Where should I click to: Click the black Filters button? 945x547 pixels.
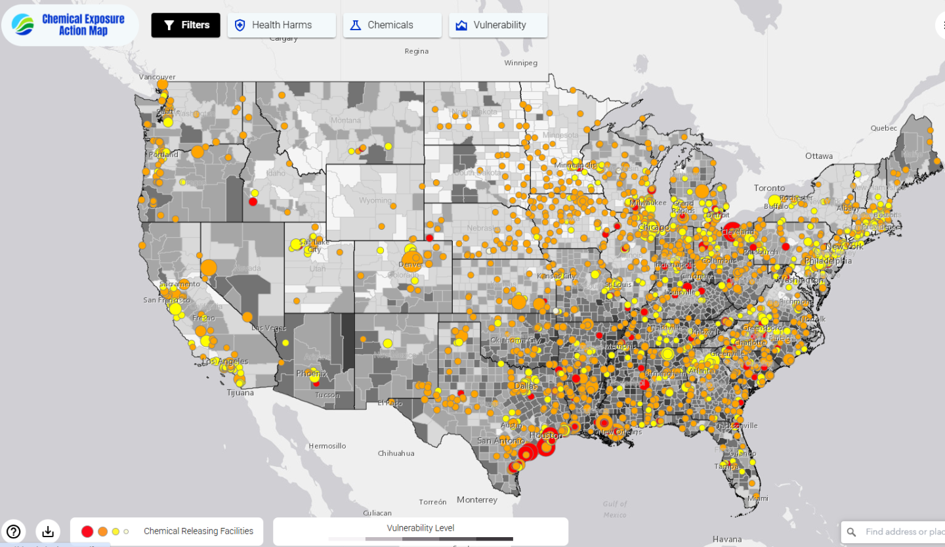(186, 25)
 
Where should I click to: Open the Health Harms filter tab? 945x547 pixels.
(282, 25)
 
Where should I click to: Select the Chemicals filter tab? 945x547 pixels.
(392, 25)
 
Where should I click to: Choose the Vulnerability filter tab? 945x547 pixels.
(498, 25)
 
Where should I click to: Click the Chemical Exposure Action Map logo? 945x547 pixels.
(70, 25)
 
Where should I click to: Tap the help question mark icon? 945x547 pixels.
(14, 531)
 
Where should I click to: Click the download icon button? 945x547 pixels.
(48, 531)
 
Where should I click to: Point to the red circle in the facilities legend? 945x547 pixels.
(87, 531)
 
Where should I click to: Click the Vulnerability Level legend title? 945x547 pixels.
(420, 528)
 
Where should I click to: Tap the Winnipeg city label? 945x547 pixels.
(520, 63)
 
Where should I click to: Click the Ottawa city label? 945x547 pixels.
(818, 156)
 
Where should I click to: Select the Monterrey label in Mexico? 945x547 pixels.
(477, 500)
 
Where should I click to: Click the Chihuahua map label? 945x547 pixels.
(396, 453)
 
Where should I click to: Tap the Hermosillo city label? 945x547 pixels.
(327, 446)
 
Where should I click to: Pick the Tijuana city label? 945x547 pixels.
(240, 393)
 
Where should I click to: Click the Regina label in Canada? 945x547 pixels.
(416, 51)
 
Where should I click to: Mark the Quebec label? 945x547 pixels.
(883, 128)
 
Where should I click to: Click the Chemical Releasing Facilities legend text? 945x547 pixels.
(198, 531)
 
